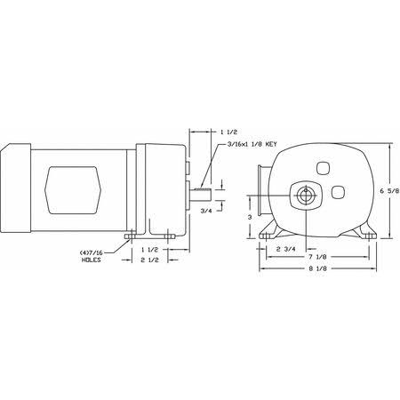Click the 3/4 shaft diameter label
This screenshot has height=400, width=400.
point(206,210)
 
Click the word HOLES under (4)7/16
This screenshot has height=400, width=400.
point(92,260)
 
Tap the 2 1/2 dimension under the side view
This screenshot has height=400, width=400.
point(151,262)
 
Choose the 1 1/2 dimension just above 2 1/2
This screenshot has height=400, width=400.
point(151,250)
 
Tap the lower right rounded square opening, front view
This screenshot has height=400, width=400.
point(338,190)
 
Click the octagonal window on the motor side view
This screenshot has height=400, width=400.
point(74,188)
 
